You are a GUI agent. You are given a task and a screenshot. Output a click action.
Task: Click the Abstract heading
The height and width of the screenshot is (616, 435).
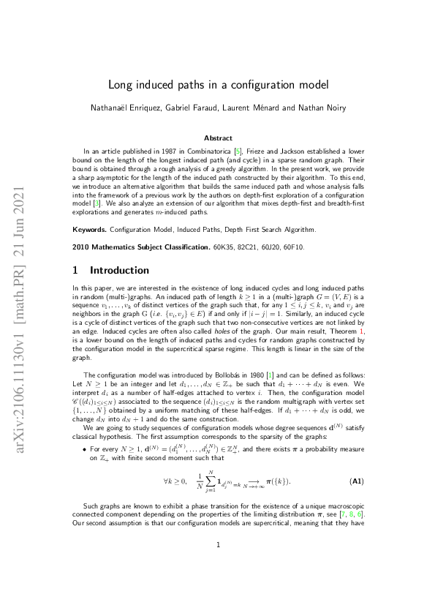pyautogui.click(x=218, y=138)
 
